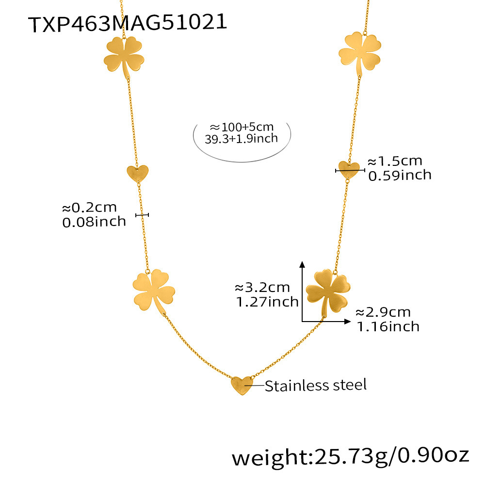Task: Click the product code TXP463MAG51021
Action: [x=128, y=22]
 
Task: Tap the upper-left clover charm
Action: [x=124, y=56]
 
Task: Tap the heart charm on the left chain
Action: [x=137, y=173]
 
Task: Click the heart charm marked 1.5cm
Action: [x=349, y=169]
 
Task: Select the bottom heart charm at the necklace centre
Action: [x=241, y=385]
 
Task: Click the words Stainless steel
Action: [x=316, y=386]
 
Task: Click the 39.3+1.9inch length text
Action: [x=242, y=139]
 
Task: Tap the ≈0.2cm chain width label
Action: [x=90, y=208]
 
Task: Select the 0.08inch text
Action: [x=94, y=222]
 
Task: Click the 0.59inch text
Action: [x=400, y=175]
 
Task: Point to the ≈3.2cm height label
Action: [x=262, y=288]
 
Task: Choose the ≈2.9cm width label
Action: [x=383, y=312]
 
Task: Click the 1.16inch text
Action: [x=388, y=326]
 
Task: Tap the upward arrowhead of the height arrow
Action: [x=302, y=264]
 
